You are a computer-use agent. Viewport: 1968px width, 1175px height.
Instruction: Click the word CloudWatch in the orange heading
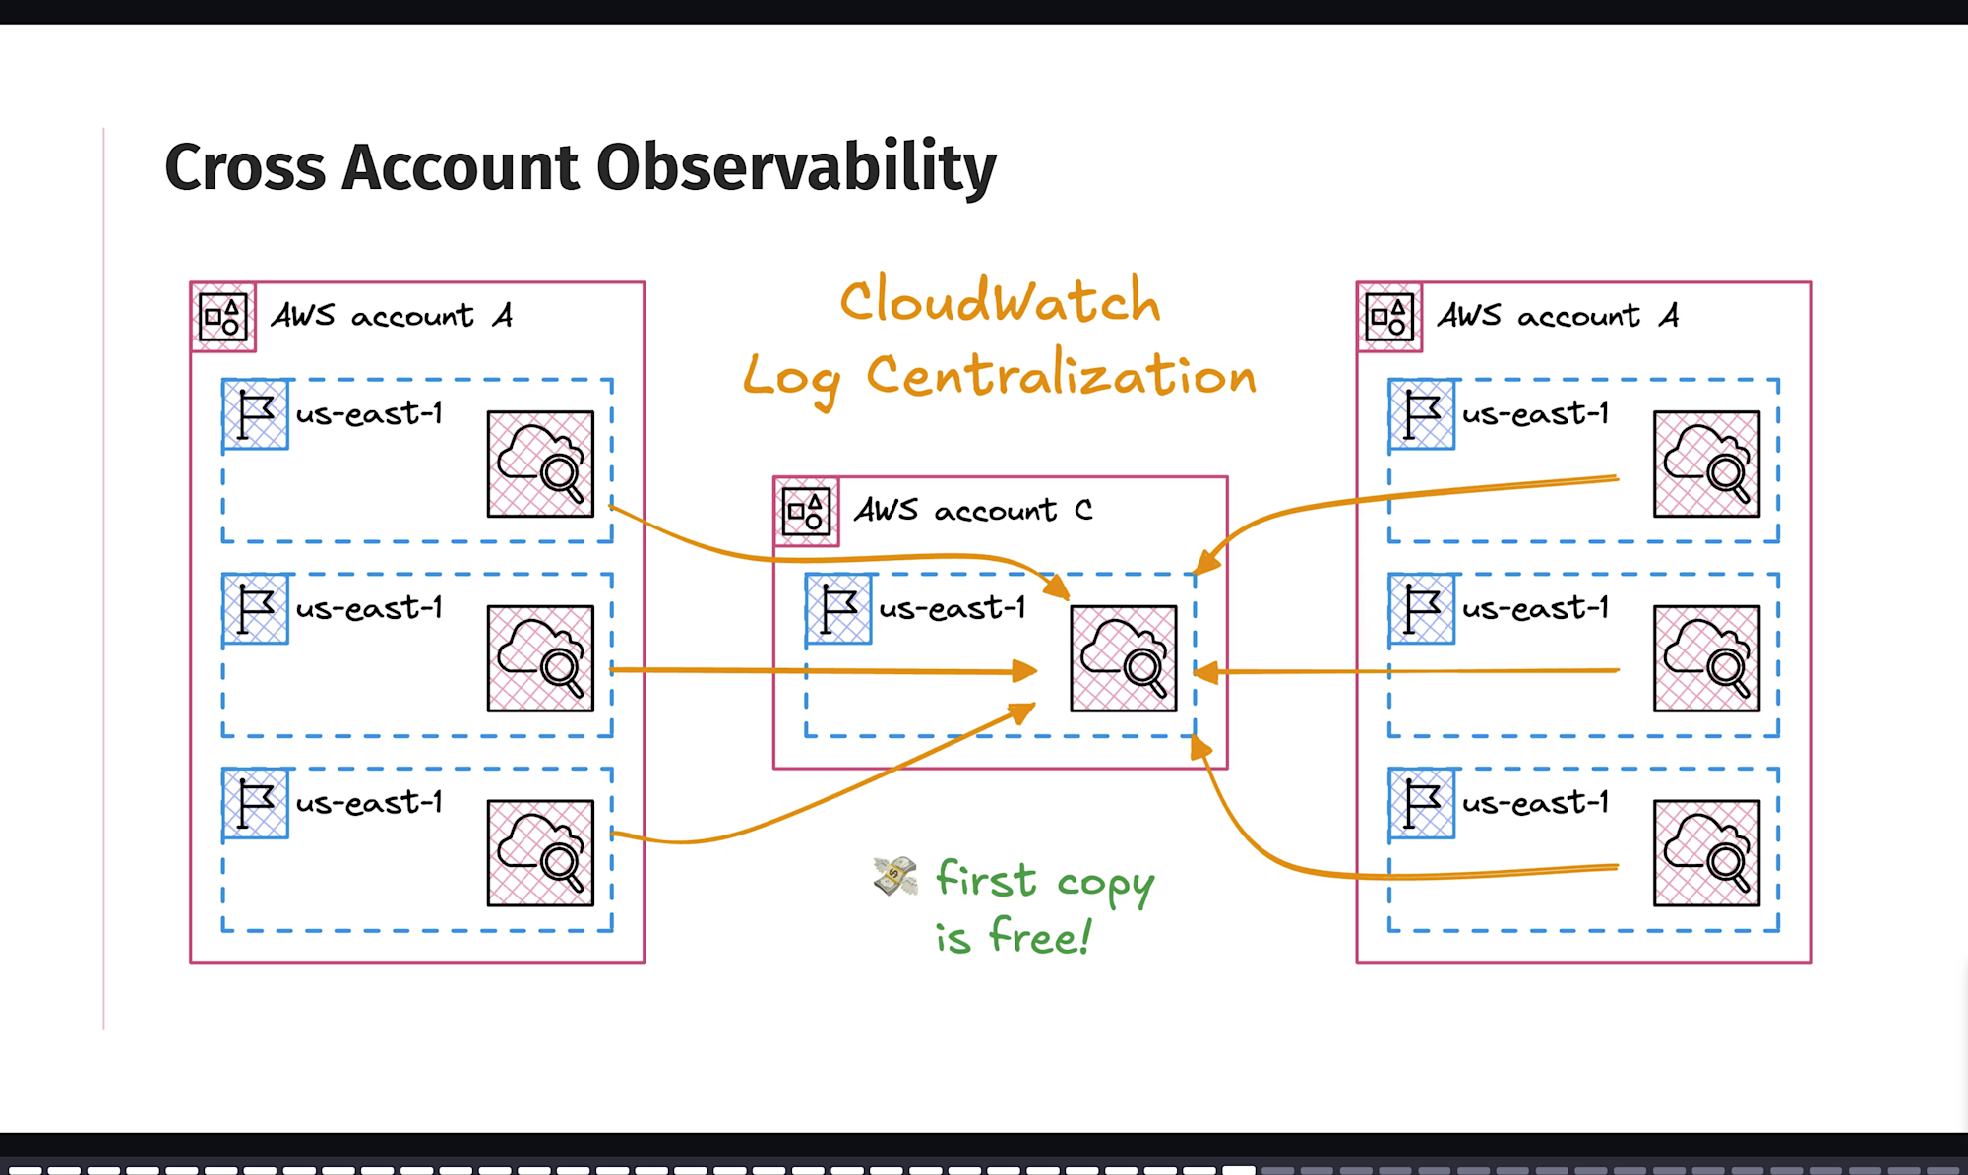point(1000,301)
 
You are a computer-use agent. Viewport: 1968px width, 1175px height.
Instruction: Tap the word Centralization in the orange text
point(1061,376)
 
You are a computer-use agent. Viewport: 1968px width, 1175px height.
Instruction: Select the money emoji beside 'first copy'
point(894,875)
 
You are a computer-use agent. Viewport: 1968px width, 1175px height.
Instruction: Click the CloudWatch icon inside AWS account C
point(1123,658)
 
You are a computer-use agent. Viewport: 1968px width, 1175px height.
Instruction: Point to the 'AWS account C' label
point(972,510)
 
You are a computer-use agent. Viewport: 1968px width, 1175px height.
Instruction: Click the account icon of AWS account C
point(806,512)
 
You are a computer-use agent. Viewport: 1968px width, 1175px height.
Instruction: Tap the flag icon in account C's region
point(838,609)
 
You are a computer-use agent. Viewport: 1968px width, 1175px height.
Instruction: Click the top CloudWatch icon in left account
point(540,464)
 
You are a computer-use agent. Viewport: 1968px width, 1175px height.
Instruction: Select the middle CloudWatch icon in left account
point(540,658)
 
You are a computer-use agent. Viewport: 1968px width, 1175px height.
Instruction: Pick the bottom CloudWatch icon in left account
point(540,852)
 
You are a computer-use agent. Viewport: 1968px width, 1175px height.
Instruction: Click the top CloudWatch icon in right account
point(1706,464)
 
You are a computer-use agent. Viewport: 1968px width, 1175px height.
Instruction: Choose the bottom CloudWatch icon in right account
point(1706,852)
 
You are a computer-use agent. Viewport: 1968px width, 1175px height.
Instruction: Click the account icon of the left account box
point(223,317)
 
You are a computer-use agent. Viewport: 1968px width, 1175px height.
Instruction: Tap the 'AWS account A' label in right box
point(1558,316)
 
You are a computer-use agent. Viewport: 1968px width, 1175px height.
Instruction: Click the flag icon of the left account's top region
point(256,414)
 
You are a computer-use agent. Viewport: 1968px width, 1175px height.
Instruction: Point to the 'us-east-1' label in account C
point(952,608)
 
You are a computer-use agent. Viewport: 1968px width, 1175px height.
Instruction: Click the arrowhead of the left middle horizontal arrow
point(1025,671)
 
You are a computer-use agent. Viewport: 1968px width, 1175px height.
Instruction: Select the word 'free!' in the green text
point(1040,935)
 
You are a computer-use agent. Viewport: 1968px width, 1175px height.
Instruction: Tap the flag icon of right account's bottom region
point(1422,803)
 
